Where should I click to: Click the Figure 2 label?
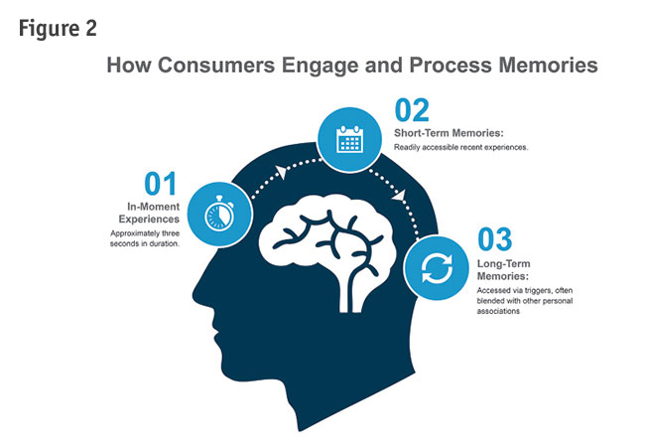point(58,28)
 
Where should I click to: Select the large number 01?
point(160,184)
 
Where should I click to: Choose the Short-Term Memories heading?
point(448,132)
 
